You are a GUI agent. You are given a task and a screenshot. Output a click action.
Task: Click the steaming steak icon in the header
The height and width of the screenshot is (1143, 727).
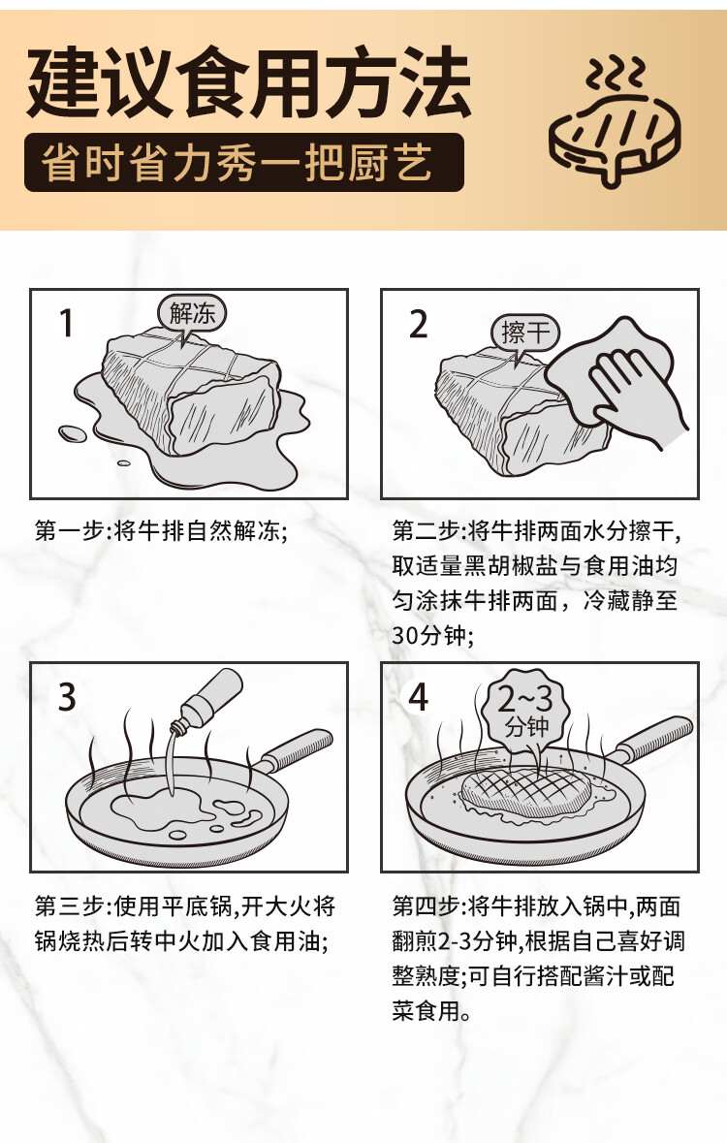point(614,121)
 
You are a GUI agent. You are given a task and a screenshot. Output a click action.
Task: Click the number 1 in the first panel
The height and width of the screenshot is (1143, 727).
point(66,323)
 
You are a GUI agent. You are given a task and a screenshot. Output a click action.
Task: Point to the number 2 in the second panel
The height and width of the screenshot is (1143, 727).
point(418,325)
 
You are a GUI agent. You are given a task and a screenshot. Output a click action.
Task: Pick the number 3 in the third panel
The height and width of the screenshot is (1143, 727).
point(67,697)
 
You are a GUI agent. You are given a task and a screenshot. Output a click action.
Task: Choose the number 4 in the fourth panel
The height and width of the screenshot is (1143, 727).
point(418,697)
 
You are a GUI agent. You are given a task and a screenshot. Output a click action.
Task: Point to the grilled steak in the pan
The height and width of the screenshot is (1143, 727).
point(526,794)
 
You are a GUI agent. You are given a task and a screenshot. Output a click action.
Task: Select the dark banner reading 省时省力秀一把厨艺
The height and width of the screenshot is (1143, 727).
point(243,163)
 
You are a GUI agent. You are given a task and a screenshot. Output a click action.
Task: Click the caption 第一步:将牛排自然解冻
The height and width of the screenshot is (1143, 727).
point(161,530)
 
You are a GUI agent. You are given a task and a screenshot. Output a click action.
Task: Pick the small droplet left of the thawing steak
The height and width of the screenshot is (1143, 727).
point(72,433)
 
